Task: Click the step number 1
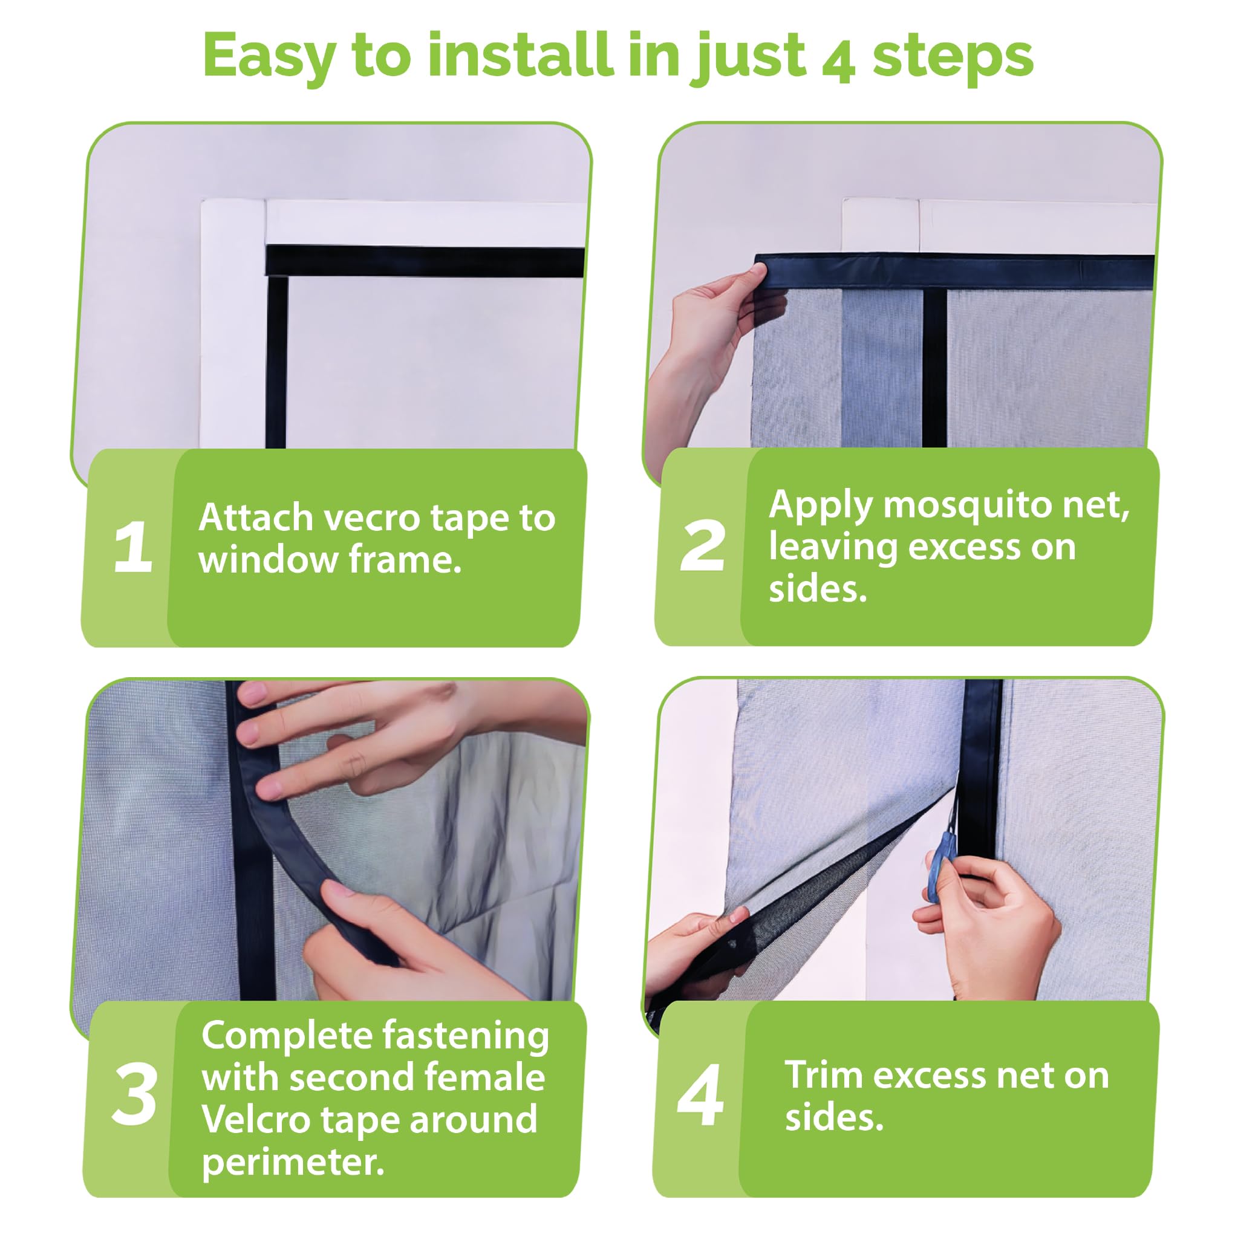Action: click(133, 548)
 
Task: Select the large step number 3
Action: click(134, 1094)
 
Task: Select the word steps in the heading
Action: click(953, 59)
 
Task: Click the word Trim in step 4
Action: click(823, 1074)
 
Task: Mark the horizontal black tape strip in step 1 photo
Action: click(426, 261)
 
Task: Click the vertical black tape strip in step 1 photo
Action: click(276, 362)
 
